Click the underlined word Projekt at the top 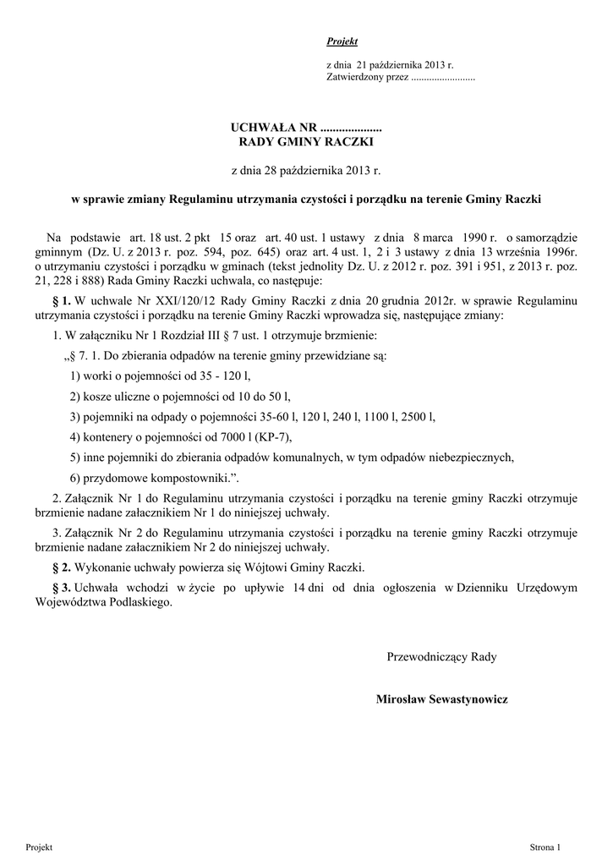point(342,41)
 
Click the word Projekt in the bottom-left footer point(40,847)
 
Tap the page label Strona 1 point(545,847)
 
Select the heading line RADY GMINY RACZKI point(306,142)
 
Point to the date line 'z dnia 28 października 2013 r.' point(306,171)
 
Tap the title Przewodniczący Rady point(442,655)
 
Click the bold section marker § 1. point(61,301)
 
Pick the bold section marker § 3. point(61,588)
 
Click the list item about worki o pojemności point(161,375)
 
